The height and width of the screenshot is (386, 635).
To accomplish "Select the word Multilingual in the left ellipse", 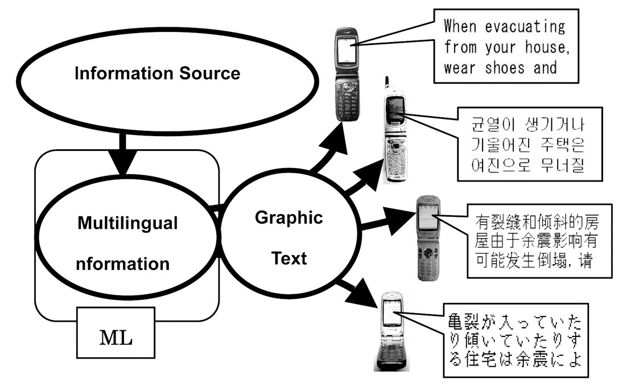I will [127, 223].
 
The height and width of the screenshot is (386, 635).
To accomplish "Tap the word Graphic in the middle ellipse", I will [288, 217].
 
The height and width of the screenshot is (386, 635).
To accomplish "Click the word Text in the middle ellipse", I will [288, 258].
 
